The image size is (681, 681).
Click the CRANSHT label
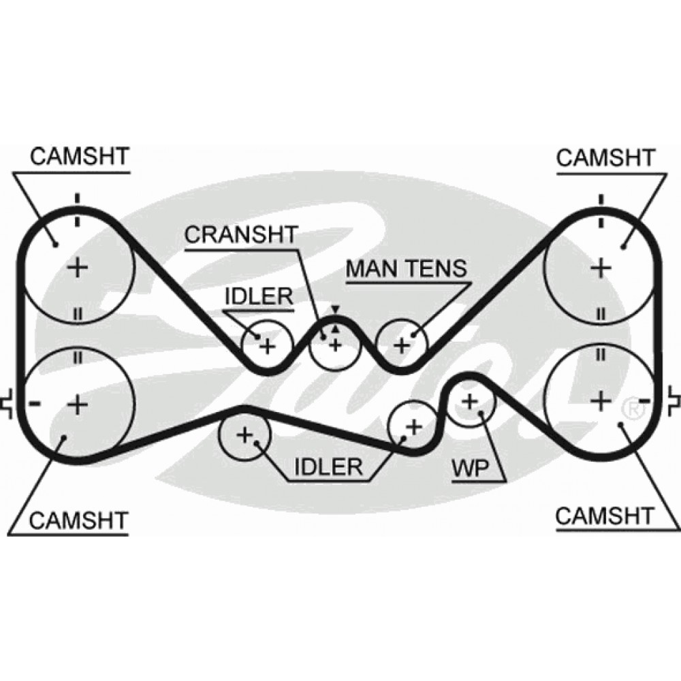point(242,235)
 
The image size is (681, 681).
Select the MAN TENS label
point(407,268)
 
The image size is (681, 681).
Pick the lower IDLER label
point(327,467)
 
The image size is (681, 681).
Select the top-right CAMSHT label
point(605,157)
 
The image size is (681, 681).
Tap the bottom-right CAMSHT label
point(605,515)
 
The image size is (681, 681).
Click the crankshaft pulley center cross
point(334,345)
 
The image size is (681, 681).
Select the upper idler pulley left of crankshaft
point(267,345)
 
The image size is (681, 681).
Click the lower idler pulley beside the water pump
point(412,427)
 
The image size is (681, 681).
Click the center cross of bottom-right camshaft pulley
point(601,402)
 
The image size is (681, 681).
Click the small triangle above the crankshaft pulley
point(334,311)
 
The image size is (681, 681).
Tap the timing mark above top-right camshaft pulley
point(601,200)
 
